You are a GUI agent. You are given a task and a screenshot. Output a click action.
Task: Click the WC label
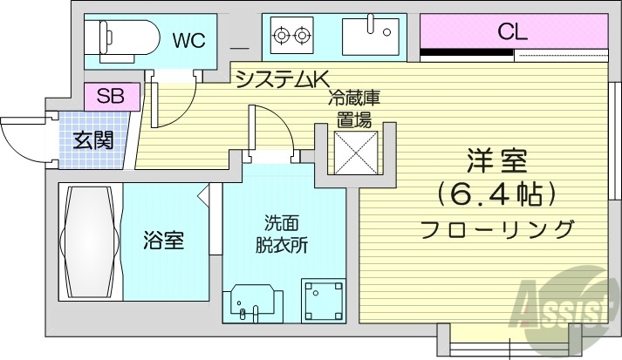(x=188, y=40)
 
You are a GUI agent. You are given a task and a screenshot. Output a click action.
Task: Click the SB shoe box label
(x=111, y=96)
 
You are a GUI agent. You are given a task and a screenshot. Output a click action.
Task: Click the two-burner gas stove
(x=291, y=36)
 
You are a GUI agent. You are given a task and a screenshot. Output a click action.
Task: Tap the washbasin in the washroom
(x=254, y=302)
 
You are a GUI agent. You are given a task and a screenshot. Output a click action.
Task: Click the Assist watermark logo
(x=563, y=305)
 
